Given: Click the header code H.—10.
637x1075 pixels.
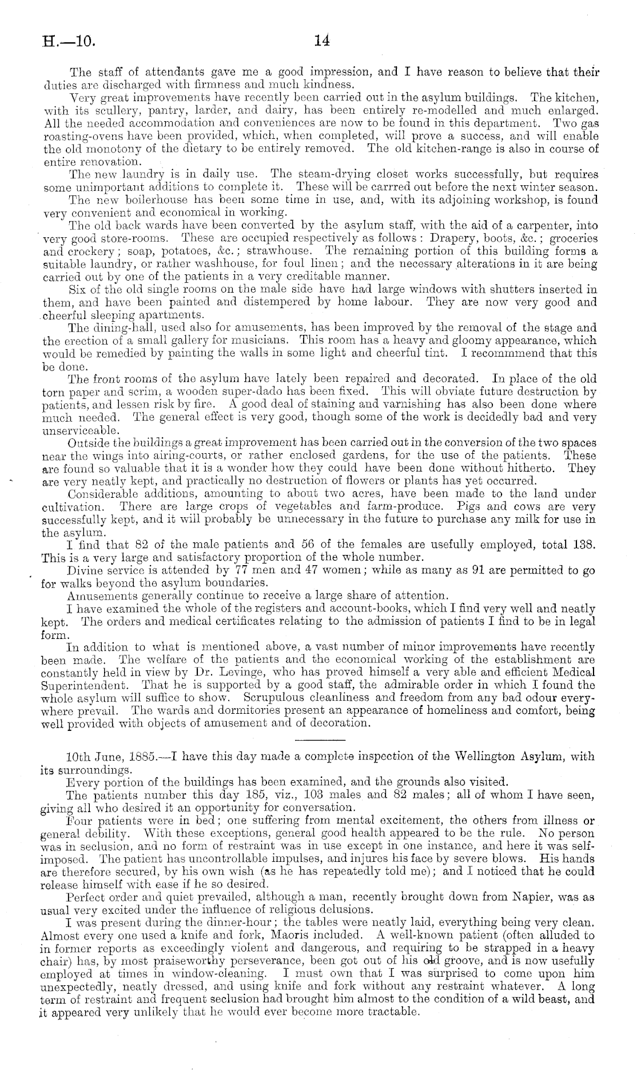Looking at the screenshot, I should pos(63,41).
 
